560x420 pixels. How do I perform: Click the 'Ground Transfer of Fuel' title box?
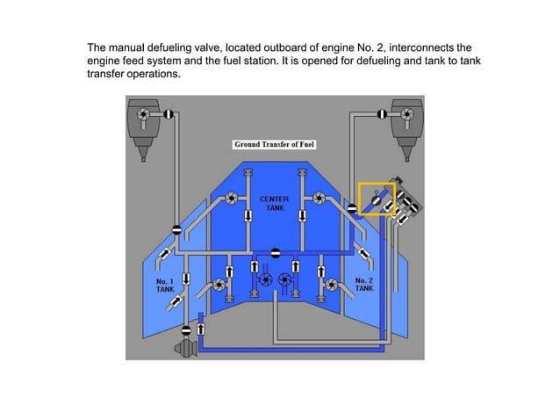pos(274,144)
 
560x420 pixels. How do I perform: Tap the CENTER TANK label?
pos(274,203)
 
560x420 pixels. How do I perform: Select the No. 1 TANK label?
pos(165,286)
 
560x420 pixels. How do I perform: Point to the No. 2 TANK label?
pos(364,284)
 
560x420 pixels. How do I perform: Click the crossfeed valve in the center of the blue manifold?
pos(275,253)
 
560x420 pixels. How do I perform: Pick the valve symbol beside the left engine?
pos(169,114)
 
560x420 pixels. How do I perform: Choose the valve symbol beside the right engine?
pos(382,114)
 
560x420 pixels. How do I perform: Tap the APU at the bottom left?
pos(185,349)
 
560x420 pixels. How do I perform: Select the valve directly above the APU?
pos(186,330)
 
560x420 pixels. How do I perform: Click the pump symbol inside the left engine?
pos(144,114)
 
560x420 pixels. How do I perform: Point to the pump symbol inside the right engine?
pos(406,114)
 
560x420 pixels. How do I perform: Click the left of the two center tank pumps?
pos(265,279)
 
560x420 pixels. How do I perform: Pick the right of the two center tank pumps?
pos(284,279)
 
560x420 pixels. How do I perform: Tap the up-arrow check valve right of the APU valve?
pos(201,329)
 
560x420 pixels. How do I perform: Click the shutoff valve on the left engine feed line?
pos(176,230)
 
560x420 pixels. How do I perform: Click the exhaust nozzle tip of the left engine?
pos(143,160)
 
